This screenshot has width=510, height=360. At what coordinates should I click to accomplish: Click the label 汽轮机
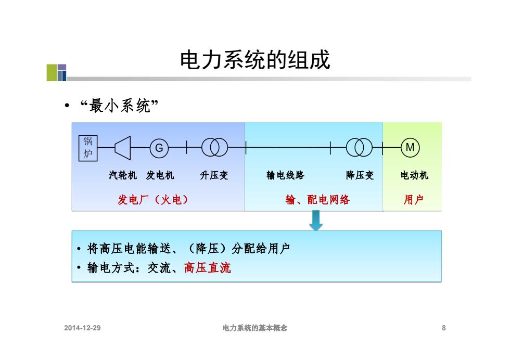(x=123, y=175)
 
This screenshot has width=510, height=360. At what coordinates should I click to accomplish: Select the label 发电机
(x=160, y=175)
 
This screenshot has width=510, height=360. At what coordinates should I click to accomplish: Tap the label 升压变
(x=214, y=175)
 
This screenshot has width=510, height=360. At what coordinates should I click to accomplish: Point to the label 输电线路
(x=285, y=175)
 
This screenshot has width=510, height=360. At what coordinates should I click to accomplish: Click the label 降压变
(x=360, y=175)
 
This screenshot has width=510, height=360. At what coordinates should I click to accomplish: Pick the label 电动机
(x=414, y=175)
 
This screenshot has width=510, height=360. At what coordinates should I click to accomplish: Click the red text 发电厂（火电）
(x=153, y=199)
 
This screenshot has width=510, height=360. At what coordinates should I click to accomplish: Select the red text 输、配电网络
(x=317, y=199)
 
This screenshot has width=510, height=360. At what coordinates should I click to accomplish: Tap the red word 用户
(x=413, y=199)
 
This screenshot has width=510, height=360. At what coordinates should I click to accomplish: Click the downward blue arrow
(x=316, y=221)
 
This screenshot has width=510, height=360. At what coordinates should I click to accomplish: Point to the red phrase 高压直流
(x=208, y=268)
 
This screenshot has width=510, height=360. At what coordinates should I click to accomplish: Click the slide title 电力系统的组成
(x=256, y=60)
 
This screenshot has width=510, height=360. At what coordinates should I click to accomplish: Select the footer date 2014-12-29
(x=82, y=328)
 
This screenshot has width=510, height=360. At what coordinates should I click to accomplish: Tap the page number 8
(x=443, y=328)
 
